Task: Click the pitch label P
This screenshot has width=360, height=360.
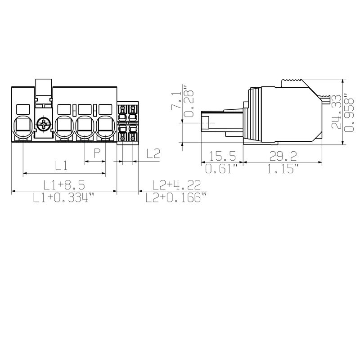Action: [x=96, y=153]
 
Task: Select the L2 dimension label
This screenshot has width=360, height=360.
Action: [x=153, y=154]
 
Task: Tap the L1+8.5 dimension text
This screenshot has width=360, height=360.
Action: [x=64, y=185]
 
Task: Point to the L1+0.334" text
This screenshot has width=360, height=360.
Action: [x=64, y=198]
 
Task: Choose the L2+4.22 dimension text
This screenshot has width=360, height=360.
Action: [x=173, y=185]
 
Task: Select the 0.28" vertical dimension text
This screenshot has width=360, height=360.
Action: [x=189, y=100]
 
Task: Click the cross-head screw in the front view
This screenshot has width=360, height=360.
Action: [x=44, y=125]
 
